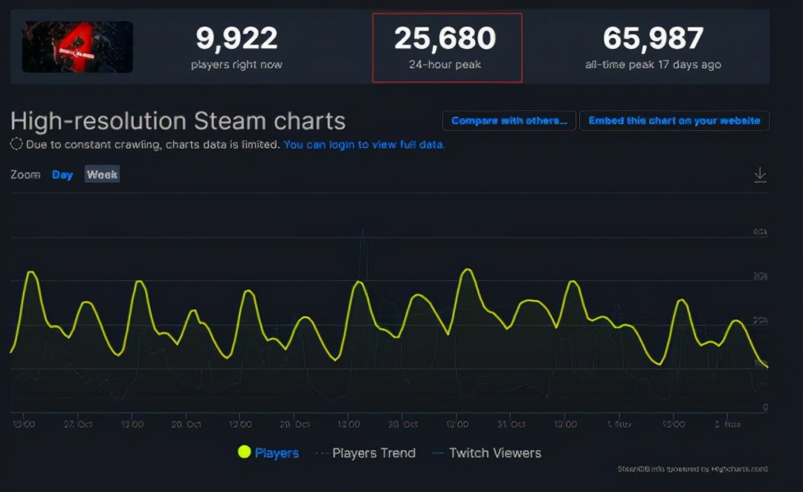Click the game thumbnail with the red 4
point(77,47)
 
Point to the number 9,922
point(236,39)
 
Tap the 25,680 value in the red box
point(447,39)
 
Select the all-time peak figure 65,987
point(653,39)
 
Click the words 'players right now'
point(236,65)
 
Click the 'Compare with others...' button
point(509,120)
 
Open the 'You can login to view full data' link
point(364,144)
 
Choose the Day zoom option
point(62,175)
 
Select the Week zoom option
point(102,175)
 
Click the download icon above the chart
point(760,175)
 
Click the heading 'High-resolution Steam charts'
point(178,120)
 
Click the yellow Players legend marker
point(244,452)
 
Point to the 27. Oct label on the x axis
point(77,424)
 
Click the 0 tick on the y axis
point(765,408)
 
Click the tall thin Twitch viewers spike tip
point(363,230)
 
